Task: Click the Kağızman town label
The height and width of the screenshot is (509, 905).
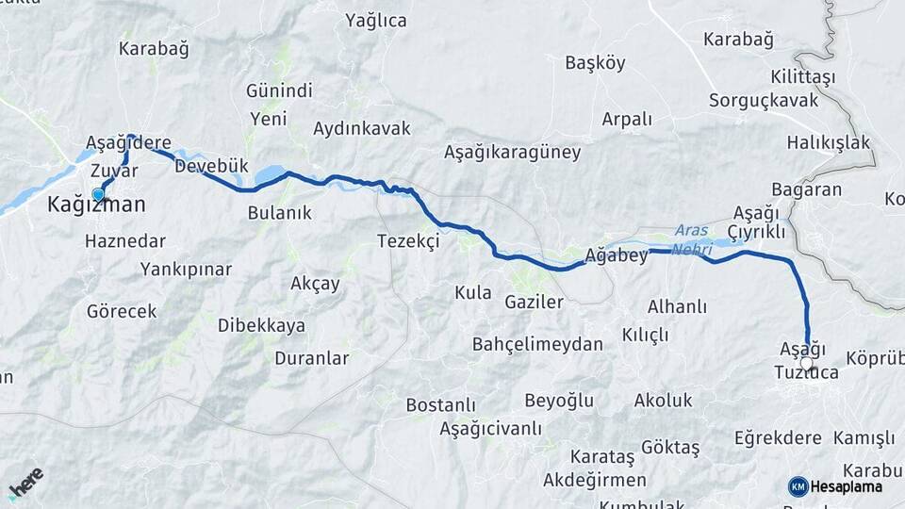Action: (x=97, y=205)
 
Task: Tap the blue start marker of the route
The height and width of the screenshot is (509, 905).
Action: (x=98, y=194)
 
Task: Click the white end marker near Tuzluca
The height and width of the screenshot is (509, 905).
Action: (x=807, y=361)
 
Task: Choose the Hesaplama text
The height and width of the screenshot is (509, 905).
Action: (x=845, y=486)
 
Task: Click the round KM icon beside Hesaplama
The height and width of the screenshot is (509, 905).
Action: (x=798, y=486)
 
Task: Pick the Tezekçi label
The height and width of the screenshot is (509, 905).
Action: (x=408, y=241)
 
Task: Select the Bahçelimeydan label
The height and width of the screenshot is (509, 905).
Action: (x=537, y=344)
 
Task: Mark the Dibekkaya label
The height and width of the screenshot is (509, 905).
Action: (x=261, y=325)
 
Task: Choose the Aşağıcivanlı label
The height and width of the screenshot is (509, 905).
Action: (x=490, y=429)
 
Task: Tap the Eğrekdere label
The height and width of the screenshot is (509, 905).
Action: (x=779, y=438)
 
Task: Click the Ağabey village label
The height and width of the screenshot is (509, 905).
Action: (x=615, y=254)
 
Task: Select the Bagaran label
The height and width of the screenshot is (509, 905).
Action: (x=806, y=189)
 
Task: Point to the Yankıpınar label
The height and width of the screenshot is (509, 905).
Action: (x=186, y=270)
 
